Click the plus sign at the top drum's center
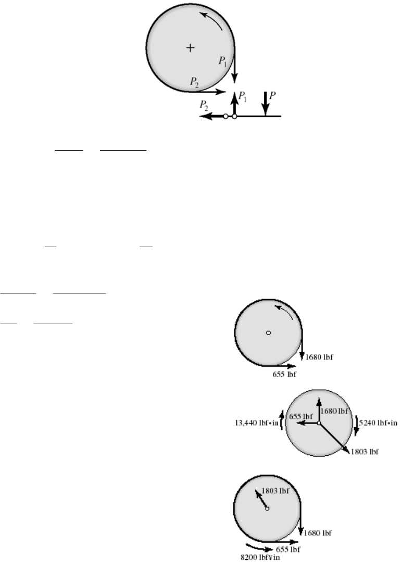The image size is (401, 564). pyautogui.click(x=191, y=48)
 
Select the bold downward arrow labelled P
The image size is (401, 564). pyautogui.click(x=266, y=103)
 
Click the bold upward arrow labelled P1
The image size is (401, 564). pyautogui.click(x=234, y=104)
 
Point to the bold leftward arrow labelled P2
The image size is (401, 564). pyautogui.click(x=211, y=117)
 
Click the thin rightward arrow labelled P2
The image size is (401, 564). pyautogui.click(x=208, y=91)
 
